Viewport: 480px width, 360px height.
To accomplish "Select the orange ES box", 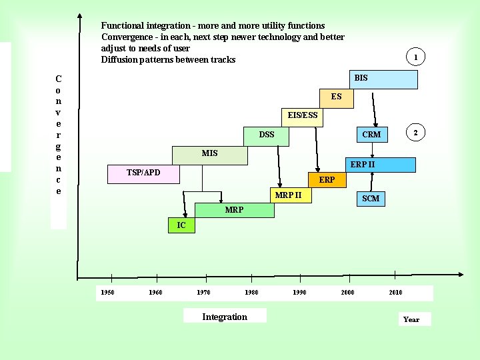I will coord(337,97).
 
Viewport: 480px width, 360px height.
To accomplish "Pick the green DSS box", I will coord(267,135).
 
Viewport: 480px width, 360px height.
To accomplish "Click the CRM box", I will coord(371,135).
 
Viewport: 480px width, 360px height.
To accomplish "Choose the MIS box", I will coord(209,155).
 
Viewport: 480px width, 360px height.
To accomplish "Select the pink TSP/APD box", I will coord(143,174).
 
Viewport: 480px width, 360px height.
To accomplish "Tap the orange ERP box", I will coord(327,180).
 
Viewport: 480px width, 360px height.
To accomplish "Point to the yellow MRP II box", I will coord(288,195).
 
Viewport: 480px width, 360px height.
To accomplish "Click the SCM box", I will coord(370,199).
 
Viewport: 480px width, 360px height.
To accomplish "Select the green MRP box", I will coord(234,210).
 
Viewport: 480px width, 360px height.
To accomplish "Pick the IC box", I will coord(181,226).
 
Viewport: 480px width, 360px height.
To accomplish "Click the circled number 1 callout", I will coord(415,57).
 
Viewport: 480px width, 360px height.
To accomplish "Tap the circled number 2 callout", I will coord(415,133).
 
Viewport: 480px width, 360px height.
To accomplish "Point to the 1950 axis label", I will coord(107,293).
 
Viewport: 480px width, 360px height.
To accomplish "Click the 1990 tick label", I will coord(300,293).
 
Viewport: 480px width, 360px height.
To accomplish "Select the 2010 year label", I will coord(395,293).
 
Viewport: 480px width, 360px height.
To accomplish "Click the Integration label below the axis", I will coord(225,317).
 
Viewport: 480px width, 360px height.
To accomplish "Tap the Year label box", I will coord(411,319).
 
